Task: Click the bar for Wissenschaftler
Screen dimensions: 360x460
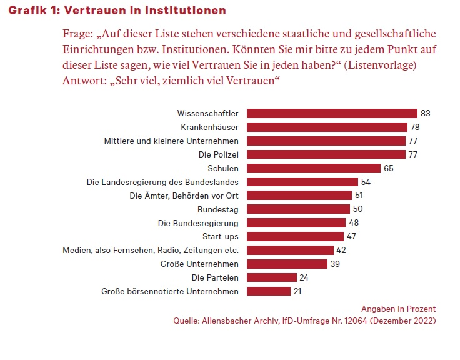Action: tap(332, 113)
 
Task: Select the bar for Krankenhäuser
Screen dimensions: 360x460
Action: tap(327, 127)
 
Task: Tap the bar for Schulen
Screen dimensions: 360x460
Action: tap(314, 168)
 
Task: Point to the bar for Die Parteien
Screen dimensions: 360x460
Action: tap(272, 277)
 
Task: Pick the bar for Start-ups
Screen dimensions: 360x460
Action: tap(295, 236)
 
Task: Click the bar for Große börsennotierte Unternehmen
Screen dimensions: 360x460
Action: tap(269, 291)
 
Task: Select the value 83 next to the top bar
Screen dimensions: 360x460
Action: tap(426, 113)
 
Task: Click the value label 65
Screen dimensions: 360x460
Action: tap(389, 168)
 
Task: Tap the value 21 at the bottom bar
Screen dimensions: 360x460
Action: tap(299, 291)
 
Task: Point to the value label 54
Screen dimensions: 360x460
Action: tap(366, 182)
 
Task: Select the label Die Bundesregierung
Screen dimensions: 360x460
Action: tap(198, 222)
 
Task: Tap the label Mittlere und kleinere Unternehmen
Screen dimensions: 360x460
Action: tap(171, 141)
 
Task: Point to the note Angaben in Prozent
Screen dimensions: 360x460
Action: tap(398, 309)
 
